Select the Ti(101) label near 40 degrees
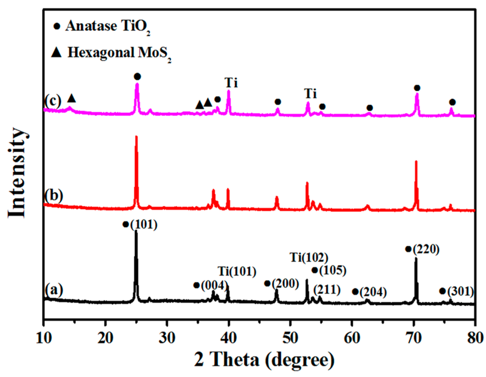click(x=237, y=272)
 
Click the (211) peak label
click(x=327, y=289)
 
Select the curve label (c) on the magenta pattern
click(x=53, y=101)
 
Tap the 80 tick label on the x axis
click(x=474, y=338)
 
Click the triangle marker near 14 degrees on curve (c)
click(x=71, y=98)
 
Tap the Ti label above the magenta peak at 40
click(x=231, y=83)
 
